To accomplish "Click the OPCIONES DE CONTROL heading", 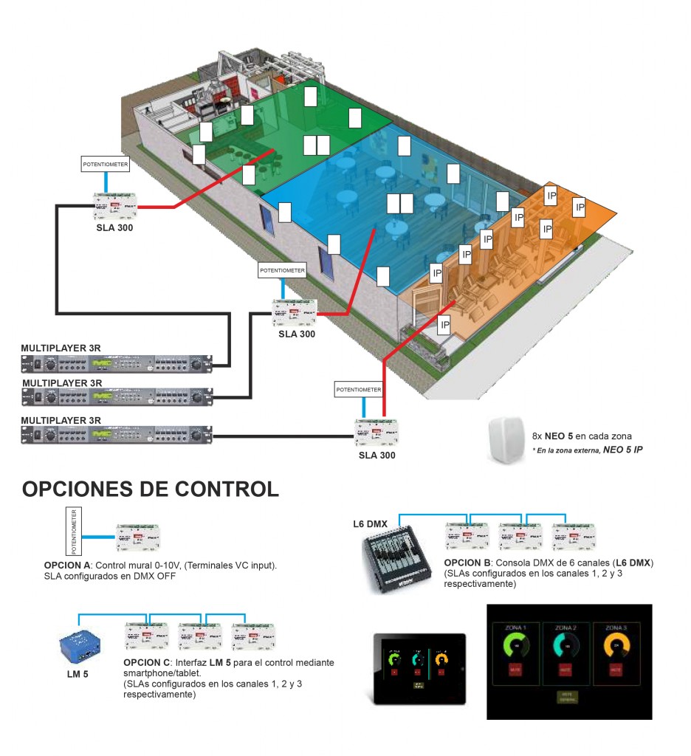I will coord(151,489).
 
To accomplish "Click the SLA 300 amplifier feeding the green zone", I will coord(115,206).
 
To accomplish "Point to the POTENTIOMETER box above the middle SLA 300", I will coord(281,271).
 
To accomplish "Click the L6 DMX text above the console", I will coord(370,524).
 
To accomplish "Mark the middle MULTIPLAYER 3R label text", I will coord(62,383).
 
